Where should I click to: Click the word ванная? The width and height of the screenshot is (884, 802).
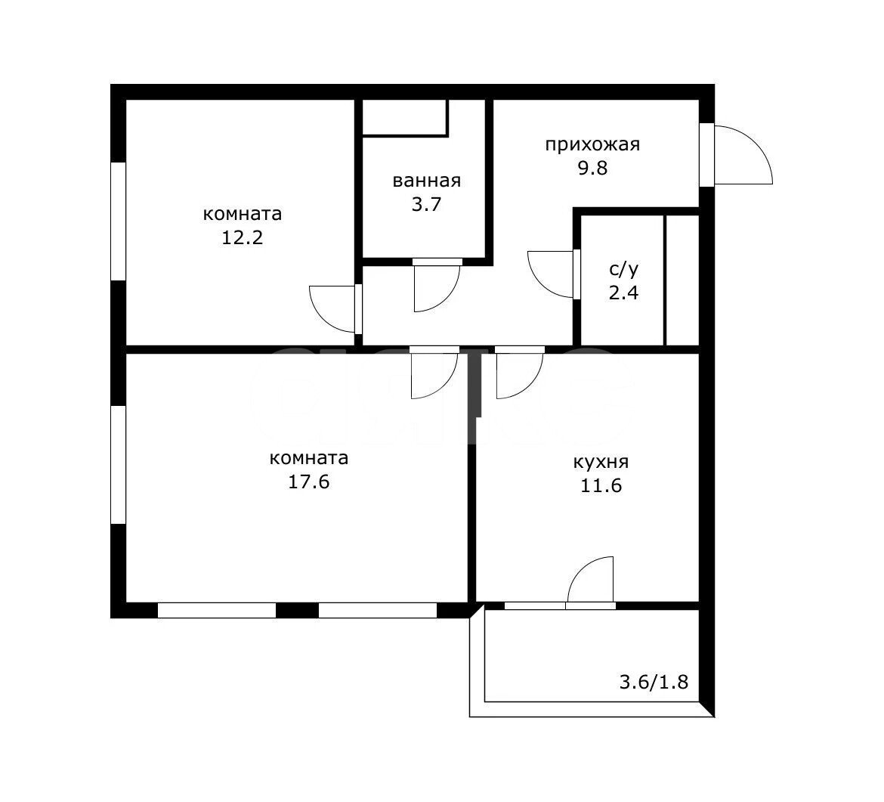click(x=426, y=181)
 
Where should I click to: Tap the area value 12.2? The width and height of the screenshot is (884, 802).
click(x=242, y=237)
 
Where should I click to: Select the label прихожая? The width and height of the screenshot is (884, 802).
click(x=592, y=145)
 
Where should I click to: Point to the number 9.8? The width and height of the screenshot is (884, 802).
click(x=592, y=168)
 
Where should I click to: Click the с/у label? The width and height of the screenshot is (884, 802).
click(x=623, y=270)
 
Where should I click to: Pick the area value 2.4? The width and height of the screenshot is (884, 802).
click(x=623, y=293)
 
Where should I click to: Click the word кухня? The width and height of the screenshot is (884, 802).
click(x=601, y=463)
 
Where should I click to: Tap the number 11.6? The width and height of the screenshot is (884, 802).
click(x=601, y=485)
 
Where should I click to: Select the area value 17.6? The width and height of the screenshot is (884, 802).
click(x=309, y=482)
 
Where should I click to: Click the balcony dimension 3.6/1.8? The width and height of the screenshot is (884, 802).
click(x=654, y=682)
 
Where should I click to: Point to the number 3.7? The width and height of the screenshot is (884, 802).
click(x=426, y=204)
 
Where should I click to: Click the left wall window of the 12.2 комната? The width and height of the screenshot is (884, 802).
click(x=118, y=221)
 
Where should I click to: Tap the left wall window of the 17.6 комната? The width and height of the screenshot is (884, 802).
click(x=118, y=465)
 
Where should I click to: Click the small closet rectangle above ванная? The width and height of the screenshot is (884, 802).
click(x=404, y=116)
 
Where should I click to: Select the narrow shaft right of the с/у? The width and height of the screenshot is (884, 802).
click(x=682, y=280)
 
